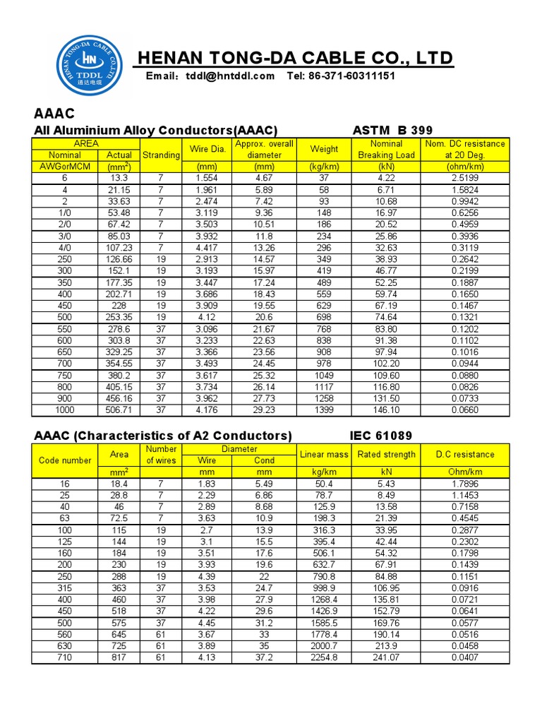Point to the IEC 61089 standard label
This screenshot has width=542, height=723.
click(381, 436)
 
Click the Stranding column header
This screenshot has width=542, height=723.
click(161, 155)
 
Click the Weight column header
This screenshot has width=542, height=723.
click(324, 149)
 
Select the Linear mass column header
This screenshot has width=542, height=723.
click(324, 454)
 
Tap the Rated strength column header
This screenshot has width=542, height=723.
click(386, 454)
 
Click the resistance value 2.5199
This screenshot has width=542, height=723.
click(464, 178)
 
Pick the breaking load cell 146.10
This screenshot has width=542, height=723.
click(386, 410)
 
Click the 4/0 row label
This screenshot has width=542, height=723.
click(64, 248)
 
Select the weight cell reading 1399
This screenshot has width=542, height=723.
click(324, 410)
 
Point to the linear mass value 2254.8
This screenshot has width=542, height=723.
click(324, 657)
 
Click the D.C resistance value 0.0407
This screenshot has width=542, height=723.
click(464, 657)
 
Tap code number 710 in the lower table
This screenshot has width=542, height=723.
click(64, 657)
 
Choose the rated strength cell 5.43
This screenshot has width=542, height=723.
click(386, 483)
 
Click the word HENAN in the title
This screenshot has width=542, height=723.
click(170, 58)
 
